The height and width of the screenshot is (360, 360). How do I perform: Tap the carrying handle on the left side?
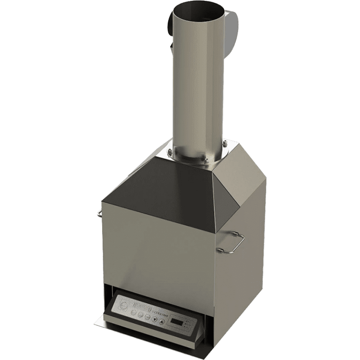pos(100,213)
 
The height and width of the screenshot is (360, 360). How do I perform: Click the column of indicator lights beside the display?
pos(188,323)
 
